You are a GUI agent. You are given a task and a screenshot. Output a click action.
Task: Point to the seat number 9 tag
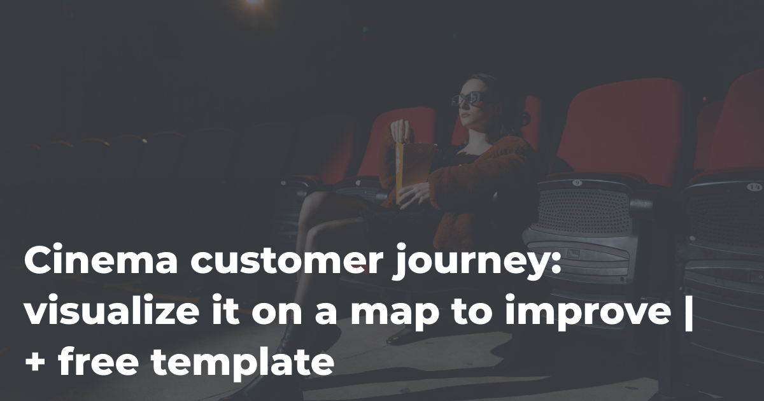click(x=577, y=183)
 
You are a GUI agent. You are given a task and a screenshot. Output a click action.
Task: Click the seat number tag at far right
click(x=754, y=186)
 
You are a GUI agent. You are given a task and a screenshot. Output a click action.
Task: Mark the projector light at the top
click(x=253, y=2)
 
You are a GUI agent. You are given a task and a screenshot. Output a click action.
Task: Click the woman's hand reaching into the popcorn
click(x=402, y=130)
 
